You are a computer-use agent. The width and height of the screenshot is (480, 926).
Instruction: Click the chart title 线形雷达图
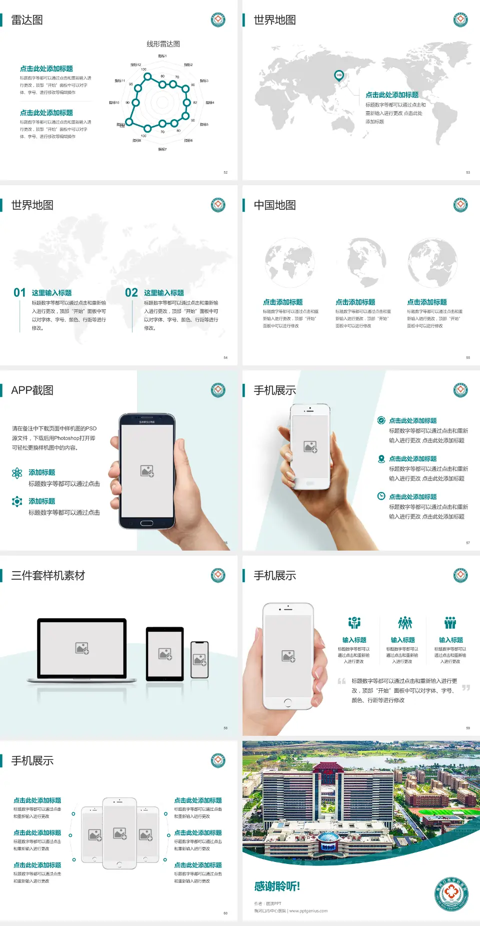pyautogui.click(x=163, y=44)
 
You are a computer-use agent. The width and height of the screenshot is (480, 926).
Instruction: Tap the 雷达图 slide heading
pyautogui.click(x=27, y=20)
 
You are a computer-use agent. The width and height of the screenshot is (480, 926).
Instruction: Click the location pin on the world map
pyautogui.click(x=338, y=76)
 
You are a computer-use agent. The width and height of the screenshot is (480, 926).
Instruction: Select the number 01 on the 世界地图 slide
pyautogui.click(x=19, y=293)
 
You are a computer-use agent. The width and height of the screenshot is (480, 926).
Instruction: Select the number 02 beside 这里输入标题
pyautogui.click(x=131, y=293)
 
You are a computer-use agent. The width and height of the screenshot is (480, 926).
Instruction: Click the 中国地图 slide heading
pyautogui.click(x=274, y=205)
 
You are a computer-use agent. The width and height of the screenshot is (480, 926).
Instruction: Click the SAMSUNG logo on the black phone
pyautogui.click(x=147, y=422)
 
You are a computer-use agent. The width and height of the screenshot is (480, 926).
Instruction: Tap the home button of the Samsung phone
pyautogui.click(x=146, y=523)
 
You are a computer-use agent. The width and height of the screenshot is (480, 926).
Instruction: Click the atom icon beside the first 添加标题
pyautogui.click(x=17, y=473)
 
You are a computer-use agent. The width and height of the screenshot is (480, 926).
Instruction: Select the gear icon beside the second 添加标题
pyautogui.click(x=17, y=502)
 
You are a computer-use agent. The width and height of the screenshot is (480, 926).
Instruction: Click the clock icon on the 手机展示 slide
pyautogui.click(x=381, y=496)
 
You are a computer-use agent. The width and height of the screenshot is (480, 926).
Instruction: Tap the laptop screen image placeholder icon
pyautogui.click(x=82, y=648)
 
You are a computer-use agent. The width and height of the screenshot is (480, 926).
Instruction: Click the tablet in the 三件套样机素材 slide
pyautogui.click(x=165, y=653)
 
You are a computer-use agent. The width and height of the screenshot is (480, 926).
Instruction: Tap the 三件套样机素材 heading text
pyautogui.click(x=48, y=576)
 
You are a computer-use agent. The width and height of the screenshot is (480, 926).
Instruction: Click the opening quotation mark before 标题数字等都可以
pyautogui.click(x=341, y=681)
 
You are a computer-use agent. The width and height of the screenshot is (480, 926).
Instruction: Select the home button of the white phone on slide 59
pyautogui.click(x=287, y=703)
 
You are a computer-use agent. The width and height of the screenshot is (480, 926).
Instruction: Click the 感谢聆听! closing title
pyautogui.click(x=276, y=886)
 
